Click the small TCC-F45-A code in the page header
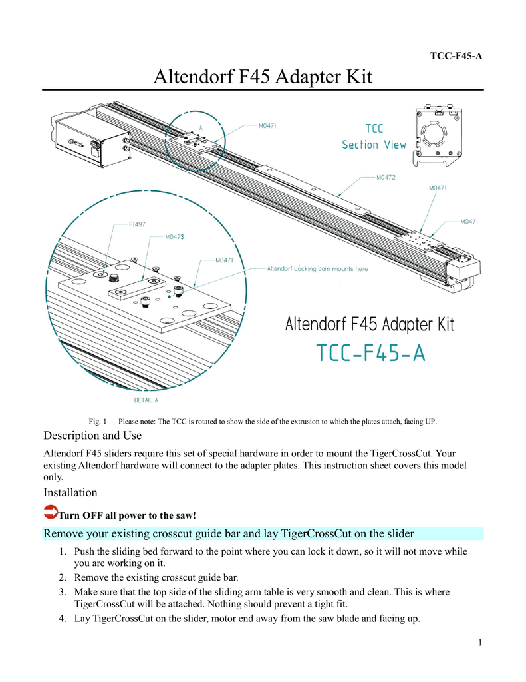[456, 56]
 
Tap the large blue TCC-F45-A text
[370, 353]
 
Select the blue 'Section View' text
[374, 145]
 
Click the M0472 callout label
[386, 178]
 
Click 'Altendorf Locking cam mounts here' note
[317, 269]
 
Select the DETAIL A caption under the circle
[146, 400]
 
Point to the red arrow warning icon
[50, 512]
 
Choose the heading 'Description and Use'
[92, 436]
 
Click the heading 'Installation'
[70, 493]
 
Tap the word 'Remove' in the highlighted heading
[63, 533]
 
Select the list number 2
[62, 577]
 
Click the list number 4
[62, 619]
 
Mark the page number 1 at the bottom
[479, 643]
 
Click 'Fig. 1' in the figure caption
[98, 421]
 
